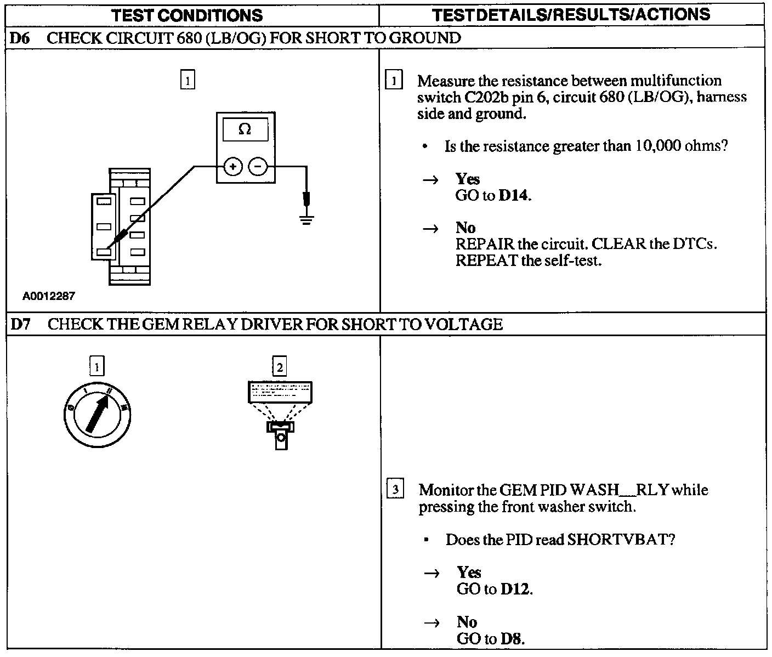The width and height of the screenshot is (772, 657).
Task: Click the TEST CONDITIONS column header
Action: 187,15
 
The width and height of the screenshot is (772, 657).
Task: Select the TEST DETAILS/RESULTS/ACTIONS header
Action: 571,15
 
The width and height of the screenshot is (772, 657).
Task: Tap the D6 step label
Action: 20,38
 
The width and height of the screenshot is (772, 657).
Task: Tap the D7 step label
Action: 20,324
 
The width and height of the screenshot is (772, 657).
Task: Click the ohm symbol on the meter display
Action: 245,129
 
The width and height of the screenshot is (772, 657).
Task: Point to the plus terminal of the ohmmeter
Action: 233,166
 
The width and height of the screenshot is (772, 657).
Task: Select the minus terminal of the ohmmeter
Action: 258,166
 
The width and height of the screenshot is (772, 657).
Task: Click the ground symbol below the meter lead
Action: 306,221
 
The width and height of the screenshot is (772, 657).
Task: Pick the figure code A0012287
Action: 48,296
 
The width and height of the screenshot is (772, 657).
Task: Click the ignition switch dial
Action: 97,414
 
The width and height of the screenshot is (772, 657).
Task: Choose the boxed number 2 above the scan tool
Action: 280,366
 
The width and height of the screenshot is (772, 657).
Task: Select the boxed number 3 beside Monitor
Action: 395,488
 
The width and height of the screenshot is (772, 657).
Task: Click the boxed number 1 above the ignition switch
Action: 97,366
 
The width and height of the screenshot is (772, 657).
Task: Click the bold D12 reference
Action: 515,590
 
